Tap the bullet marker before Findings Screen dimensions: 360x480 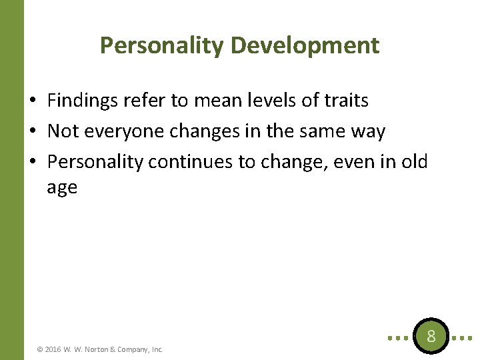pos(33,101)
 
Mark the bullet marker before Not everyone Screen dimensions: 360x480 pos(33,132)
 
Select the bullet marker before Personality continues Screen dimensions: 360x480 pos(33,163)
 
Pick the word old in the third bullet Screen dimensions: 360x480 pos(413,163)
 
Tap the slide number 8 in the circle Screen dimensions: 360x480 pos(431,336)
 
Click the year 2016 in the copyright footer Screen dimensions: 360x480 pos(53,349)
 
